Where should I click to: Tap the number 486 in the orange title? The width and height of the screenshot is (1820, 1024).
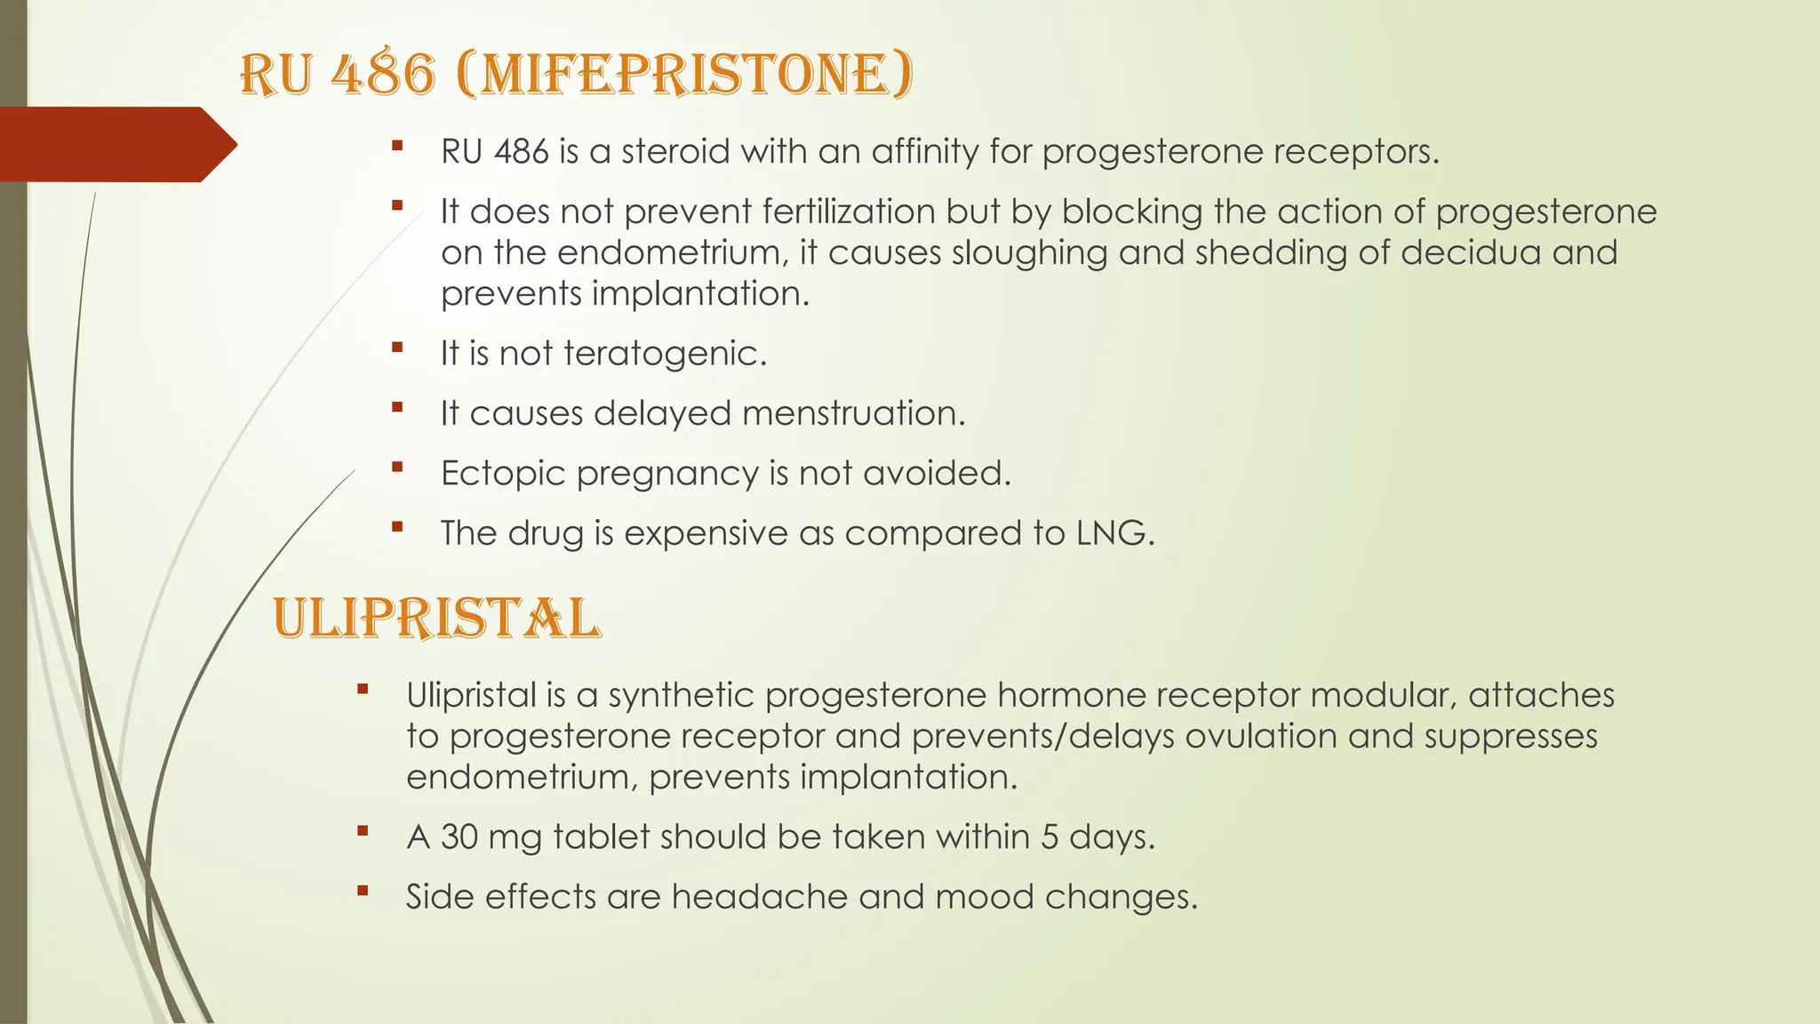(383, 75)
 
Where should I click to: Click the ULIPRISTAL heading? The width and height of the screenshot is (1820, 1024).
(436, 619)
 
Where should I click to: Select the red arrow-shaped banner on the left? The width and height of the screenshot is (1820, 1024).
(111, 144)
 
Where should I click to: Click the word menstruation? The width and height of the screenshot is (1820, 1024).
(853, 413)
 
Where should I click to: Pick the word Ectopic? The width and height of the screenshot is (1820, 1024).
(503, 474)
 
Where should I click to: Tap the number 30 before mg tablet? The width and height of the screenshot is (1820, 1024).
(459, 837)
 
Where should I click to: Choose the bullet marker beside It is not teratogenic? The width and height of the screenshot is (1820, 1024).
(396, 348)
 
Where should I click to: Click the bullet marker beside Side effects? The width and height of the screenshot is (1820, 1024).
(362, 891)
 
